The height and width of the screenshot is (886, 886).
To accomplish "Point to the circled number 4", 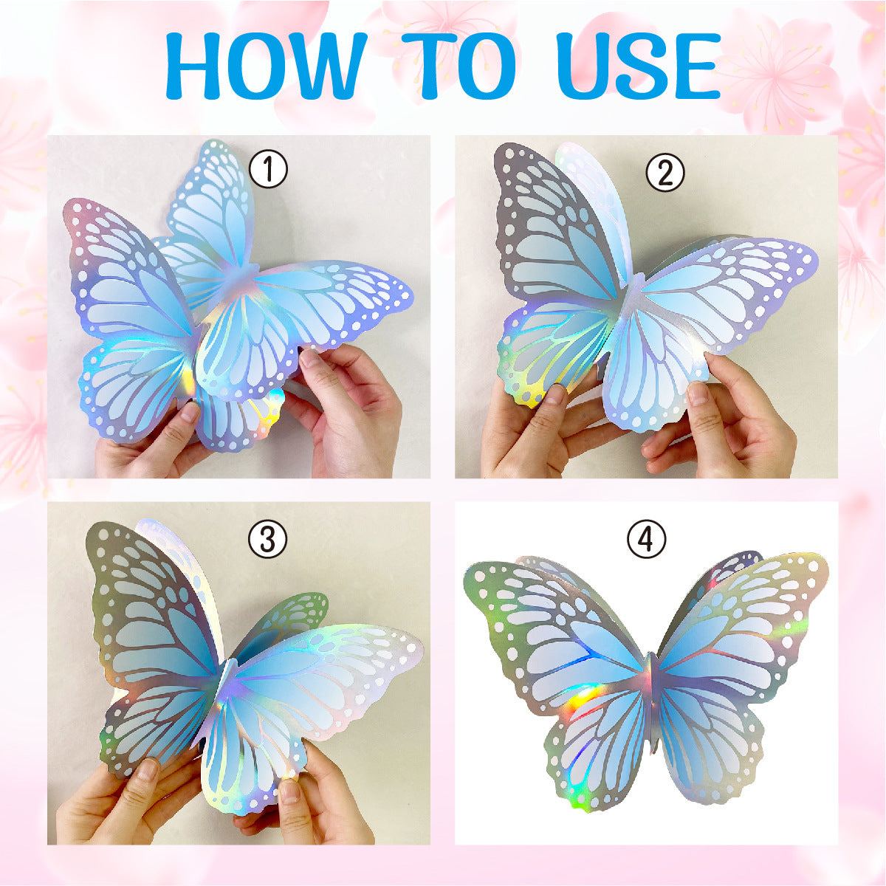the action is pos(647,539).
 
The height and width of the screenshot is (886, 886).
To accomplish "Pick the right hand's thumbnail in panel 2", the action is pos(698,392).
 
